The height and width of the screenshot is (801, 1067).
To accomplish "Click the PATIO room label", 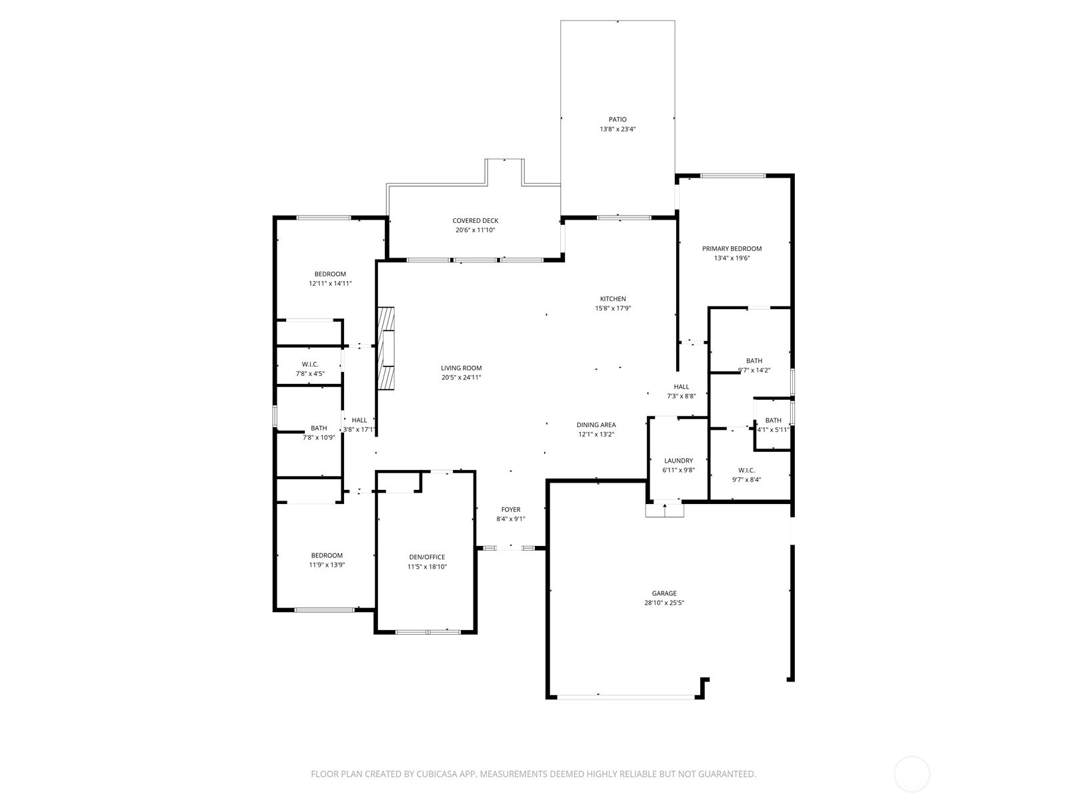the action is (x=618, y=119).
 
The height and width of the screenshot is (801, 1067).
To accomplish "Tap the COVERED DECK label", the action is (x=475, y=221).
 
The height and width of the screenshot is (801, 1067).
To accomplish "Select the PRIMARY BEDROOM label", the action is (x=732, y=248).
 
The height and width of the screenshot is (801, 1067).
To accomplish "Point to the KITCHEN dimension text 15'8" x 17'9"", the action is (x=613, y=308).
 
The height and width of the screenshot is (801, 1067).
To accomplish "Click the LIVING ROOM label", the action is (x=461, y=368).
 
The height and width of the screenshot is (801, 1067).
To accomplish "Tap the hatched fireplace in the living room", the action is (x=386, y=348).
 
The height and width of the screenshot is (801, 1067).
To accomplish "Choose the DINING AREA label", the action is (x=596, y=425).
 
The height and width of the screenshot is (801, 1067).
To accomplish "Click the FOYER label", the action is (x=510, y=510).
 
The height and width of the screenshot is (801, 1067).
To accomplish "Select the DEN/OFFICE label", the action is (x=427, y=557).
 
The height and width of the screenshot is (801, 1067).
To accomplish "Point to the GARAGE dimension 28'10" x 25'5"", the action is (x=664, y=603).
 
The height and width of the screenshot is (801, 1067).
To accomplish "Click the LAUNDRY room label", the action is (x=679, y=461).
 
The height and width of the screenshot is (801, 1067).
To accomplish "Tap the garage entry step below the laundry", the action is (x=664, y=509).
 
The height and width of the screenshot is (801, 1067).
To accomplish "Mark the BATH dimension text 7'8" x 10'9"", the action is (x=319, y=437).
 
